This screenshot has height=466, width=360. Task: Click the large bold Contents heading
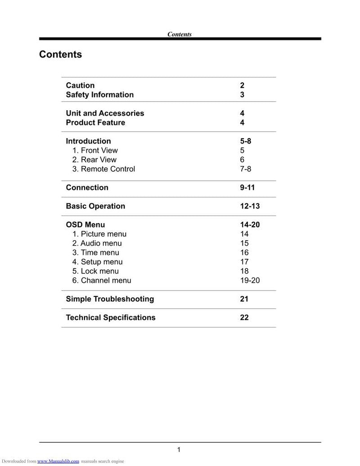coord(60,54)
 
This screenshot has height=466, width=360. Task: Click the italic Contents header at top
coord(179,34)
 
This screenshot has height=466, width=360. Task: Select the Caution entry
coord(80,85)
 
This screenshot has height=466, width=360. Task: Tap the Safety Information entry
coord(99,95)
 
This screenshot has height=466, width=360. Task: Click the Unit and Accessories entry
coord(105,113)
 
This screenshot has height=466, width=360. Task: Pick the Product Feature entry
coord(95,123)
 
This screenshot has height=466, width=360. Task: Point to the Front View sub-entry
coord(95,150)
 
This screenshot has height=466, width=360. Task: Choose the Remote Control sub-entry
coord(103,169)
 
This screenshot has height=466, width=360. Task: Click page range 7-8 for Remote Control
coord(245,169)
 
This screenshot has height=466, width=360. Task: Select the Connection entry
coord(87,188)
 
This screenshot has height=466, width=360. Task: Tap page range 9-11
coord(247,188)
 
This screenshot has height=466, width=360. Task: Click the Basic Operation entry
coord(95,206)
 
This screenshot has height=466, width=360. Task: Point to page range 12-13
coord(250,206)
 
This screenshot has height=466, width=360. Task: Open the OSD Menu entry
coord(85,224)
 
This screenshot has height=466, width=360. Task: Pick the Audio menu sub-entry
coord(97,243)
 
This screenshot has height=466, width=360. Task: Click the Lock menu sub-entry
coord(95,271)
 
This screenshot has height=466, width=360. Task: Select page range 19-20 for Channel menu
coord(250,281)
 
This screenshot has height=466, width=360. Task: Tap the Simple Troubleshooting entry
coord(110,299)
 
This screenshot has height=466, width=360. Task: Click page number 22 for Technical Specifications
coord(244,318)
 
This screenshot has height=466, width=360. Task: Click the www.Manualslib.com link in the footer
coord(58,461)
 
